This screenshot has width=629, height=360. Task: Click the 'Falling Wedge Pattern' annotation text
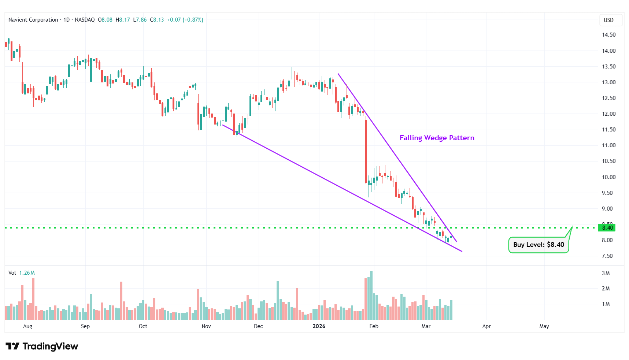(x=437, y=138)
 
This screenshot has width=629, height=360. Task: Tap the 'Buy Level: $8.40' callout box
(x=538, y=245)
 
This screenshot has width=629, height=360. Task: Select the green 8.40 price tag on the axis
(x=607, y=227)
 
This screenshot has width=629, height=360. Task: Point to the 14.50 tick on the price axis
(x=608, y=35)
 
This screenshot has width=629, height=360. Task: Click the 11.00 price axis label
(x=608, y=145)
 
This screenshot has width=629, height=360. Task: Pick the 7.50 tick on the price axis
(x=607, y=256)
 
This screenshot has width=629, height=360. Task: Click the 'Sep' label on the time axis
(x=85, y=326)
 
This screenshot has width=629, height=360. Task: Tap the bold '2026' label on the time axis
(x=319, y=326)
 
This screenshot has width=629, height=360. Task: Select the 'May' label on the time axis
(x=544, y=326)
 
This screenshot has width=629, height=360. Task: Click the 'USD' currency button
(x=608, y=20)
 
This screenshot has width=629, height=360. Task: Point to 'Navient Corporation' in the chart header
(x=33, y=20)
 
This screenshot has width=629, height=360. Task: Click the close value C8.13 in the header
(x=157, y=20)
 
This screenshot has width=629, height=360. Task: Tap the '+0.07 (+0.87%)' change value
(x=185, y=20)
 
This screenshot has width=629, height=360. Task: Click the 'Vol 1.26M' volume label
(x=22, y=273)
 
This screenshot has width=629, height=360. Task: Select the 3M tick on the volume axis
(x=606, y=273)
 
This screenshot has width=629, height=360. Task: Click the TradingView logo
(x=42, y=346)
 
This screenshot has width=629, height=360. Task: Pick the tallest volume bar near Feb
(x=371, y=295)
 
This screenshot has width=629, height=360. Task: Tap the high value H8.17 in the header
(x=123, y=20)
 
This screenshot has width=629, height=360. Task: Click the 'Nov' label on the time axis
(x=206, y=326)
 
